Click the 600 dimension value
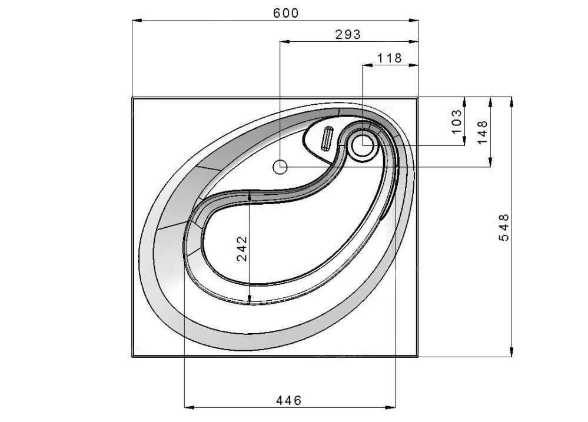[285, 13]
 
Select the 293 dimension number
[348, 35]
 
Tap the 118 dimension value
[389, 58]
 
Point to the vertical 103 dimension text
[457, 121]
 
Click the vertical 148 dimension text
[482, 132]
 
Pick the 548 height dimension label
[504, 227]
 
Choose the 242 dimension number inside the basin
[242, 248]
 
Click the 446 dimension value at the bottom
[289, 401]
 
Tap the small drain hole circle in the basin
[280, 167]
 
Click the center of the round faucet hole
[362, 145]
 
